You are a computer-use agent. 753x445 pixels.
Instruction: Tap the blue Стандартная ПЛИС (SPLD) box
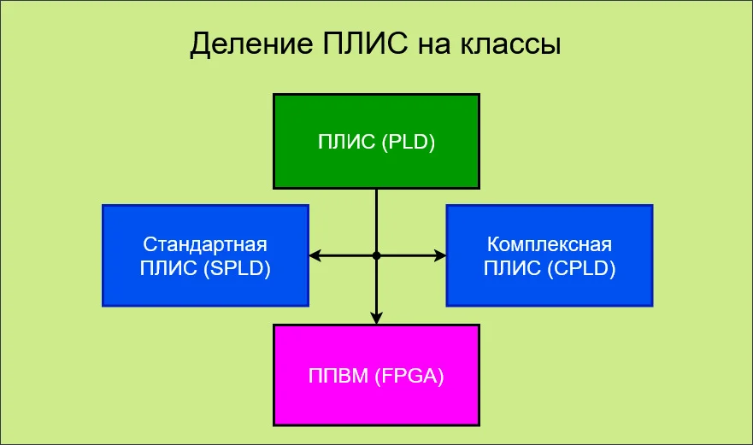point(205,255)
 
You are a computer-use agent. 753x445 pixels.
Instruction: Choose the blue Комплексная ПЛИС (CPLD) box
point(549,255)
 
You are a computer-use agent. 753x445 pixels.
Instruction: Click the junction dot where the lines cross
point(376,255)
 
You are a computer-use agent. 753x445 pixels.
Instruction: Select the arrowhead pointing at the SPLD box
point(315,255)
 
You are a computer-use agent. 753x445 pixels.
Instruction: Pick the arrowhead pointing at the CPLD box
point(440,255)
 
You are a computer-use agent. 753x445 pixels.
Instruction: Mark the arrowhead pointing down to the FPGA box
point(376,318)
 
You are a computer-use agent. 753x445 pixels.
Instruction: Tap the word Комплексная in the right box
point(549,243)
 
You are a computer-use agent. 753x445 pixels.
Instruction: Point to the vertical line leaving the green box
point(376,218)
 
